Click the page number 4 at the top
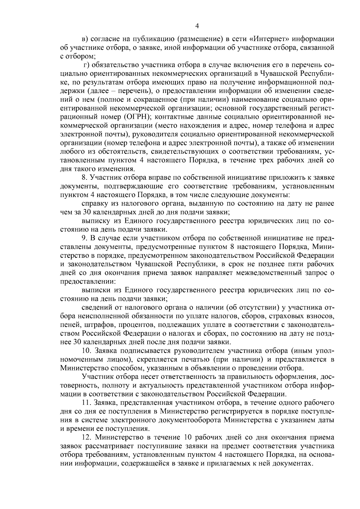(197, 26)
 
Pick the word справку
(95, 204)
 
